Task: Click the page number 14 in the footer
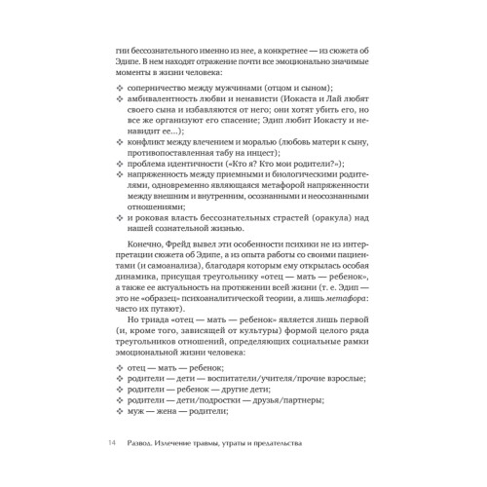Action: click(x=111, y=443)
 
